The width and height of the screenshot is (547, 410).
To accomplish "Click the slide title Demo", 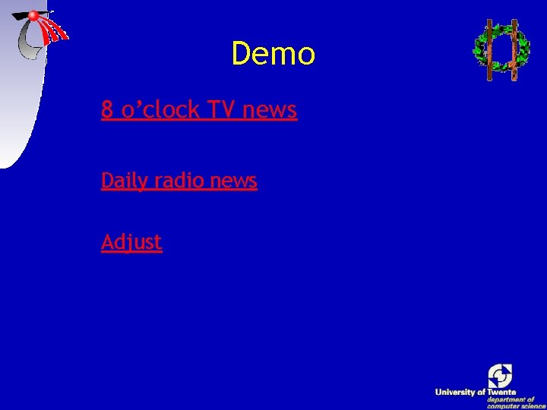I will tap(273, 54).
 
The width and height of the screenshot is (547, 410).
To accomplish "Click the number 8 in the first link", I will tap(107, 110).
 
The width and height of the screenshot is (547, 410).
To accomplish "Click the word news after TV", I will tap(270, 111).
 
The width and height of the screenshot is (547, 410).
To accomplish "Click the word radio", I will tap(179, 181).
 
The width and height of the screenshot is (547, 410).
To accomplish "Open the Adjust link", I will tap(131, 242).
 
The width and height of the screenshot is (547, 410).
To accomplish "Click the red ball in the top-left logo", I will tap(33, 15).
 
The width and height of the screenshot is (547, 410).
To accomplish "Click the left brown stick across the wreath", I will tap(489, 50).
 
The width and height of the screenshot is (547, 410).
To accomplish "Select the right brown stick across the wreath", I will tap(514, 50).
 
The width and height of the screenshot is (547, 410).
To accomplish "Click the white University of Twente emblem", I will tap(500, 375).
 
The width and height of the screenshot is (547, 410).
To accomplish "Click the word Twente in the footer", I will tap(501, 392).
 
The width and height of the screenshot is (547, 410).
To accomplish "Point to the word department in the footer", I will tap(511, 399).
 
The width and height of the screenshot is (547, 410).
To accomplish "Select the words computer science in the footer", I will tap(517, 406).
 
